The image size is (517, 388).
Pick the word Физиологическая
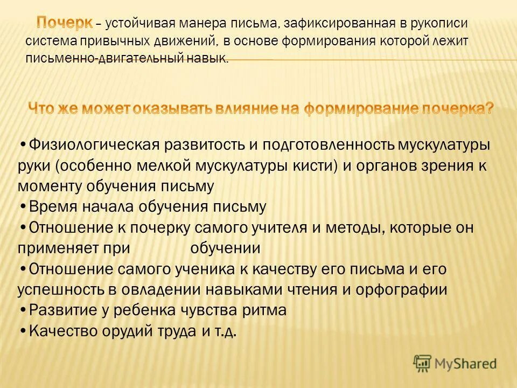pos(93,145)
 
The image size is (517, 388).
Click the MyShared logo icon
pos(423,363)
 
